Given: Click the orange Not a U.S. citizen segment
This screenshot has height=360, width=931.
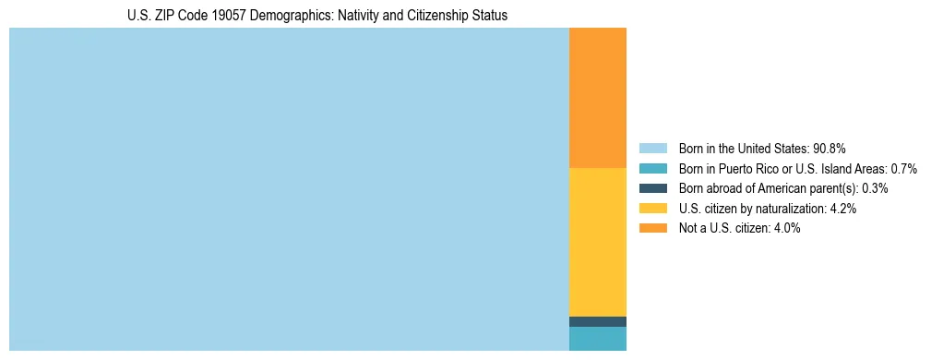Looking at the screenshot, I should point(597,98).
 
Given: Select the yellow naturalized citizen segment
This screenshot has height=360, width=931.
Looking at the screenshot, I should point(597,242).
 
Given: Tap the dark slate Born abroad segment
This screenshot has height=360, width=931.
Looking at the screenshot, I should point(597,321).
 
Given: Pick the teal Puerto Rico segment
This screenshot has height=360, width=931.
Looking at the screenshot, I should point(597,339).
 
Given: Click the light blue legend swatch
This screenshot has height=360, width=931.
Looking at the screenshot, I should point(652,149).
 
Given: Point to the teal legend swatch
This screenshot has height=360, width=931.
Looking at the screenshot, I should point(652,169).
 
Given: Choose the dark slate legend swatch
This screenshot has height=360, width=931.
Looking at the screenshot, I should point(652,188).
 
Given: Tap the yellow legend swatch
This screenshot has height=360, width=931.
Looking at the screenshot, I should point(652,209).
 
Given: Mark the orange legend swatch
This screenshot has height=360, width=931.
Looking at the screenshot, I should point(652,228).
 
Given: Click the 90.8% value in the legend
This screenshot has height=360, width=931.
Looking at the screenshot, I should point(830,149).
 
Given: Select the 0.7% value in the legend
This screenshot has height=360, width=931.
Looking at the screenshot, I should point(903,169).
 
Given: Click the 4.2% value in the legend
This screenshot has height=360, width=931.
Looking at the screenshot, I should point(842,209).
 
